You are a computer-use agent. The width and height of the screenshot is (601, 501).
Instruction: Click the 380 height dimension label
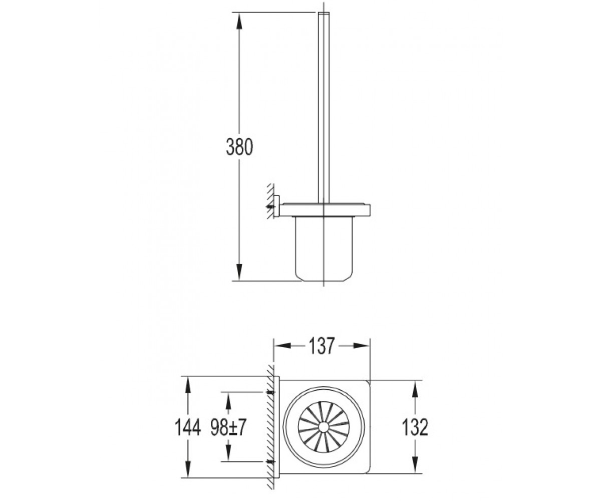pos(239,147)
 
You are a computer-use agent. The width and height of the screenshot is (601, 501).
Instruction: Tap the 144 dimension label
pos(187,427)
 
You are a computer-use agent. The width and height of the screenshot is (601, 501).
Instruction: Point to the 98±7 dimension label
pos(228,427)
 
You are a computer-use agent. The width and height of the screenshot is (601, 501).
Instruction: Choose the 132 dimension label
pos(415,427)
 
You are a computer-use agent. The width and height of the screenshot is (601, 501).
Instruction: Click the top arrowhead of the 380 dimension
pos(238,21)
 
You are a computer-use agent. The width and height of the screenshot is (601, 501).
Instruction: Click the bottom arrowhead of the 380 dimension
pos(238,272)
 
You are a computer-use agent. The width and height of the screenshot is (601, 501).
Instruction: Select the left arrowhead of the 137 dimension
pos(282,346)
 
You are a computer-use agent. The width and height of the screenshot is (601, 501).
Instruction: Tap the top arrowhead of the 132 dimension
pos(415,389)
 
